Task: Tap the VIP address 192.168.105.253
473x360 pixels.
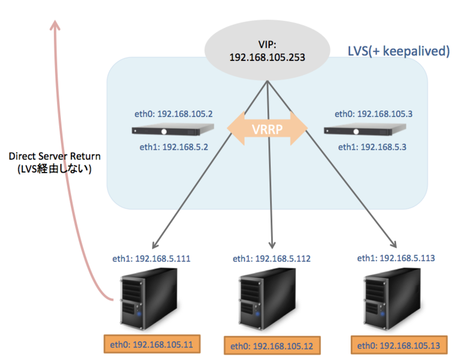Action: click(x=266, y=58)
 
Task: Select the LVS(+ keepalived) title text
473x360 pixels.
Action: click(x=399, y=51)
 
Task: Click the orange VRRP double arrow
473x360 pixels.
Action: click(x=268, y=129)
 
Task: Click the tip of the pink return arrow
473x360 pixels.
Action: click(x=55, y=24)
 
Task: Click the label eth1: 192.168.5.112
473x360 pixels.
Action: click(x=271, y=258)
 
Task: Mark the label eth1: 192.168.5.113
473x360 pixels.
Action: click(x=397, y=258)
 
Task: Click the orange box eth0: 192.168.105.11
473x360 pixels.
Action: click(x=151, y=343)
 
